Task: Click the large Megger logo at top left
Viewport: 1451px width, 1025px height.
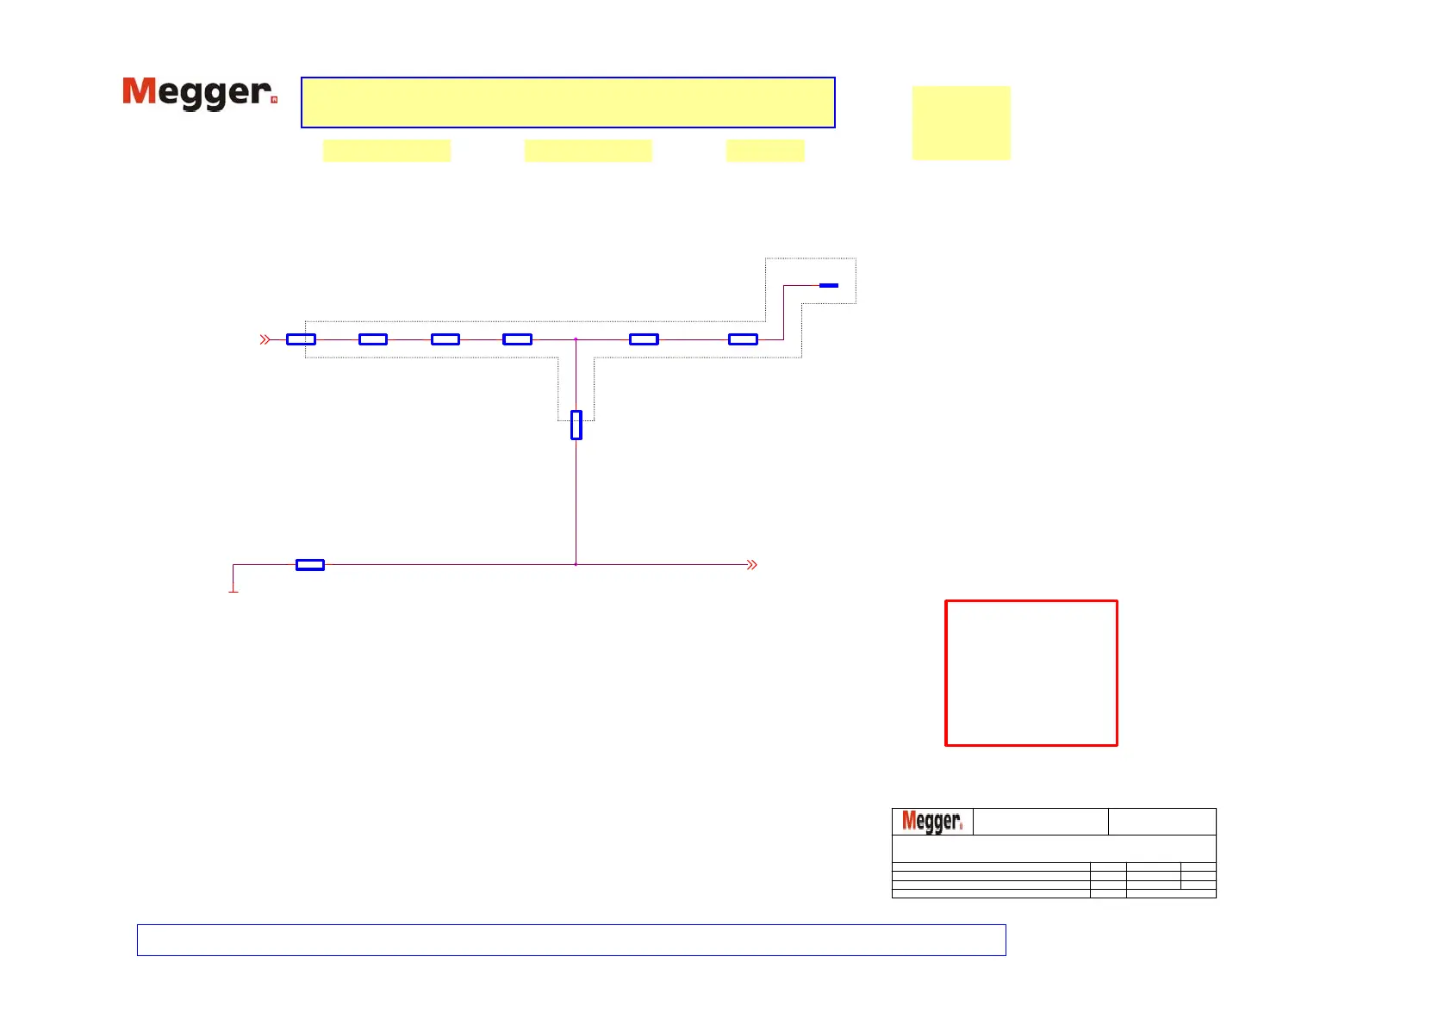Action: [x=199, y=93]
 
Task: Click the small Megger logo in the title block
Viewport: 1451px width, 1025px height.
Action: [x=931, y=822]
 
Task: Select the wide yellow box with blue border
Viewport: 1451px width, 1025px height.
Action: [x=568, y=102]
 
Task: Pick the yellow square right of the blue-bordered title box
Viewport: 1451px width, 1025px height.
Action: [x=961, y=122]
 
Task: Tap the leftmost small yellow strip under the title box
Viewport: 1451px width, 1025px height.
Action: [x=387, y=151]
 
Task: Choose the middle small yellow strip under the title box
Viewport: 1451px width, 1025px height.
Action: [x=588, y=151]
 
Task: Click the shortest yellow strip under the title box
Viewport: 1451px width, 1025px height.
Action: [x=765, y=151]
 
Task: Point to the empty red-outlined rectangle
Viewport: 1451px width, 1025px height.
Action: [x=1031, y=673]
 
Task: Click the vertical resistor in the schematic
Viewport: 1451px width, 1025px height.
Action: [x=576, y=425]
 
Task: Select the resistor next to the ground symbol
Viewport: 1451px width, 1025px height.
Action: [x=310, y=565]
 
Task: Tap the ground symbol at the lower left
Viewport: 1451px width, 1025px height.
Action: [x=233, y=590]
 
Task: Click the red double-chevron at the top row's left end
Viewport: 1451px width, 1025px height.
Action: [x=265, y=340]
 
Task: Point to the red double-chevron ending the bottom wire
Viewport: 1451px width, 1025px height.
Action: [x=752, y=565]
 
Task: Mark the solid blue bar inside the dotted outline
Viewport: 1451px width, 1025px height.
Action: [x=829, y=285]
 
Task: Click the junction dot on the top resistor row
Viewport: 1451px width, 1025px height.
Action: [x=576, y=339]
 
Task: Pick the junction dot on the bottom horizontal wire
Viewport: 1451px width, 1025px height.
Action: [x=576, y=564]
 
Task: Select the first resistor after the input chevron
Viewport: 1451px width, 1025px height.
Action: [x=301, y=339]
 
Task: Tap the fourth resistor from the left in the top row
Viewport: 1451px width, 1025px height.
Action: [x=517, y=339]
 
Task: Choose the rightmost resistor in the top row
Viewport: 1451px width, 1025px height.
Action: [x=743, y=339]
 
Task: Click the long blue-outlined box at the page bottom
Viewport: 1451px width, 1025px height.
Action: [x=571, y=940]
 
